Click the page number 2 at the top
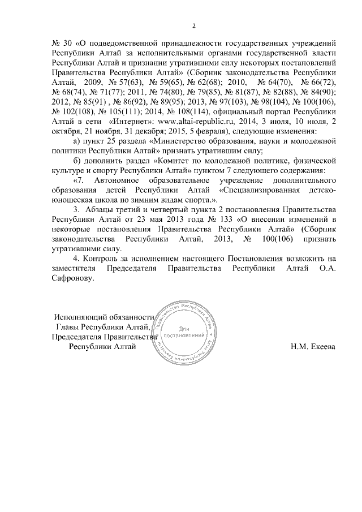(x=193, y=25)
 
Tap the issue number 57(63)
(x=117, y=82)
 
